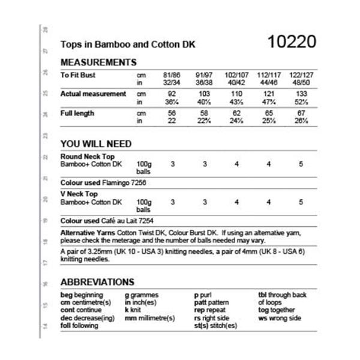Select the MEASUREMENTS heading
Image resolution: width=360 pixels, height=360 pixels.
[98, 62]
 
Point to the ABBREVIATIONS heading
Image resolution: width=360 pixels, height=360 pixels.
[97, 282]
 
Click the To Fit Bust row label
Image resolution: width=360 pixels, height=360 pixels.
[78, 76]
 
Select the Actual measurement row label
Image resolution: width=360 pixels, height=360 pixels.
[93, 94]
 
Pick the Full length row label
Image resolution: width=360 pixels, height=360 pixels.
[77, 113]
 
